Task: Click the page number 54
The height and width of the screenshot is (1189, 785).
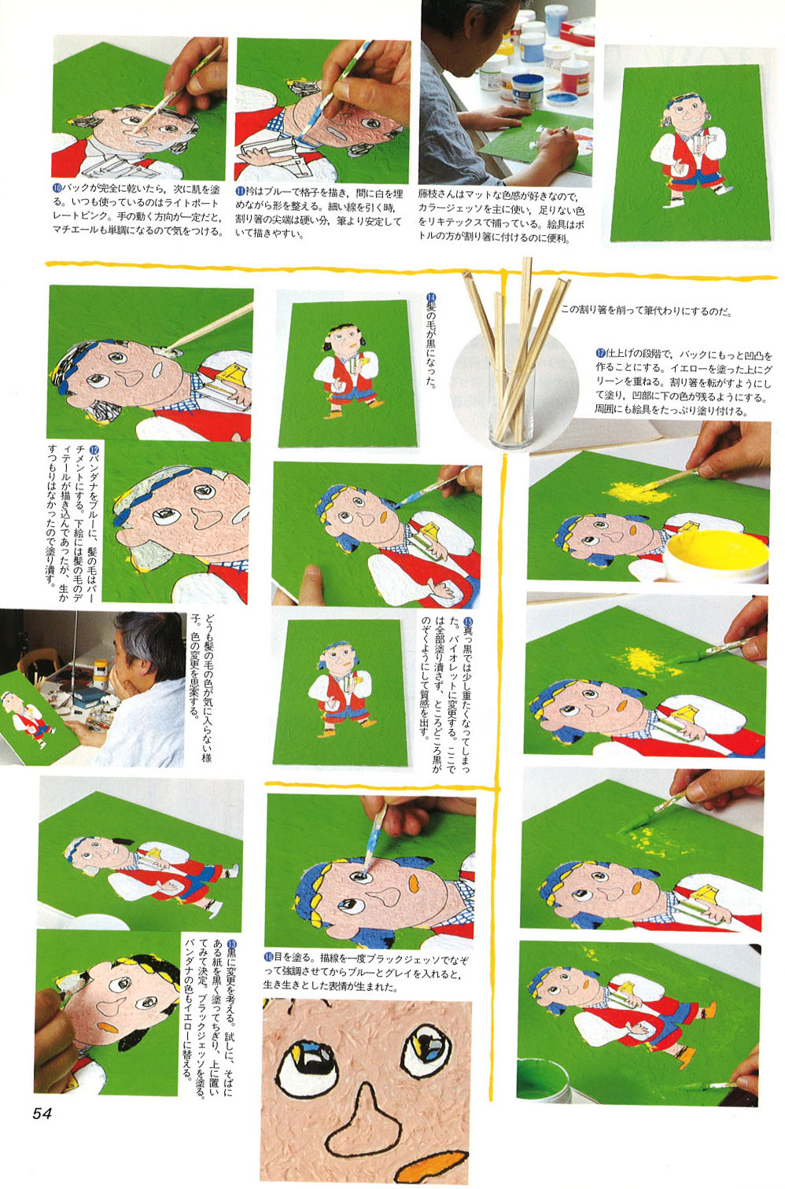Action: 42,1113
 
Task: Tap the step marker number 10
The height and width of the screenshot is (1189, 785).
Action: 57,189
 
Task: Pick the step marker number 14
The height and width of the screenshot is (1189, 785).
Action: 431,298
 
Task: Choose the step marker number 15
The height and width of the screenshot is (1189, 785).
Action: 468,621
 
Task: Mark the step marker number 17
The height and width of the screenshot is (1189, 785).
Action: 601,353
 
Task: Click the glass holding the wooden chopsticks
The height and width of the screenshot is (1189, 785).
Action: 510,403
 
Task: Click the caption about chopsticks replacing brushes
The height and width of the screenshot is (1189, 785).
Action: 647,311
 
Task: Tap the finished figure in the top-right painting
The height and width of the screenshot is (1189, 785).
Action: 688,151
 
